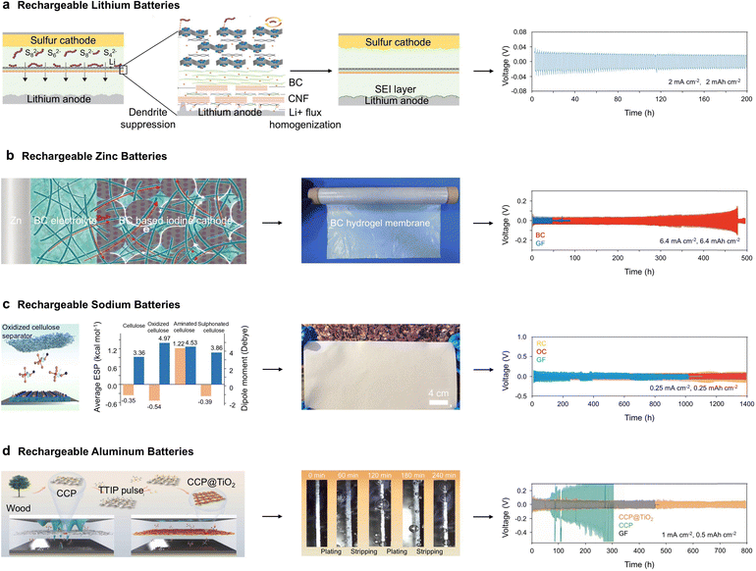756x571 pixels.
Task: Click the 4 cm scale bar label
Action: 438,394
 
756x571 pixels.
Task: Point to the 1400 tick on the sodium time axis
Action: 745,403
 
